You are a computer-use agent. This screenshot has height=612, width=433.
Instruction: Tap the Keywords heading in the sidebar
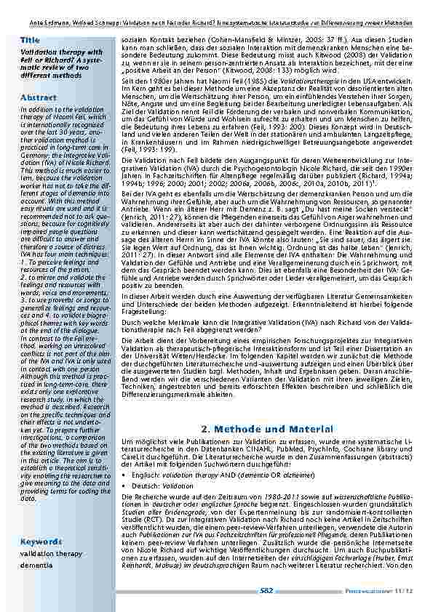tap(41, 542)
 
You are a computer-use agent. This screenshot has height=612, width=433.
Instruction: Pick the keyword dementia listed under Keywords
tap(36, 564)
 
